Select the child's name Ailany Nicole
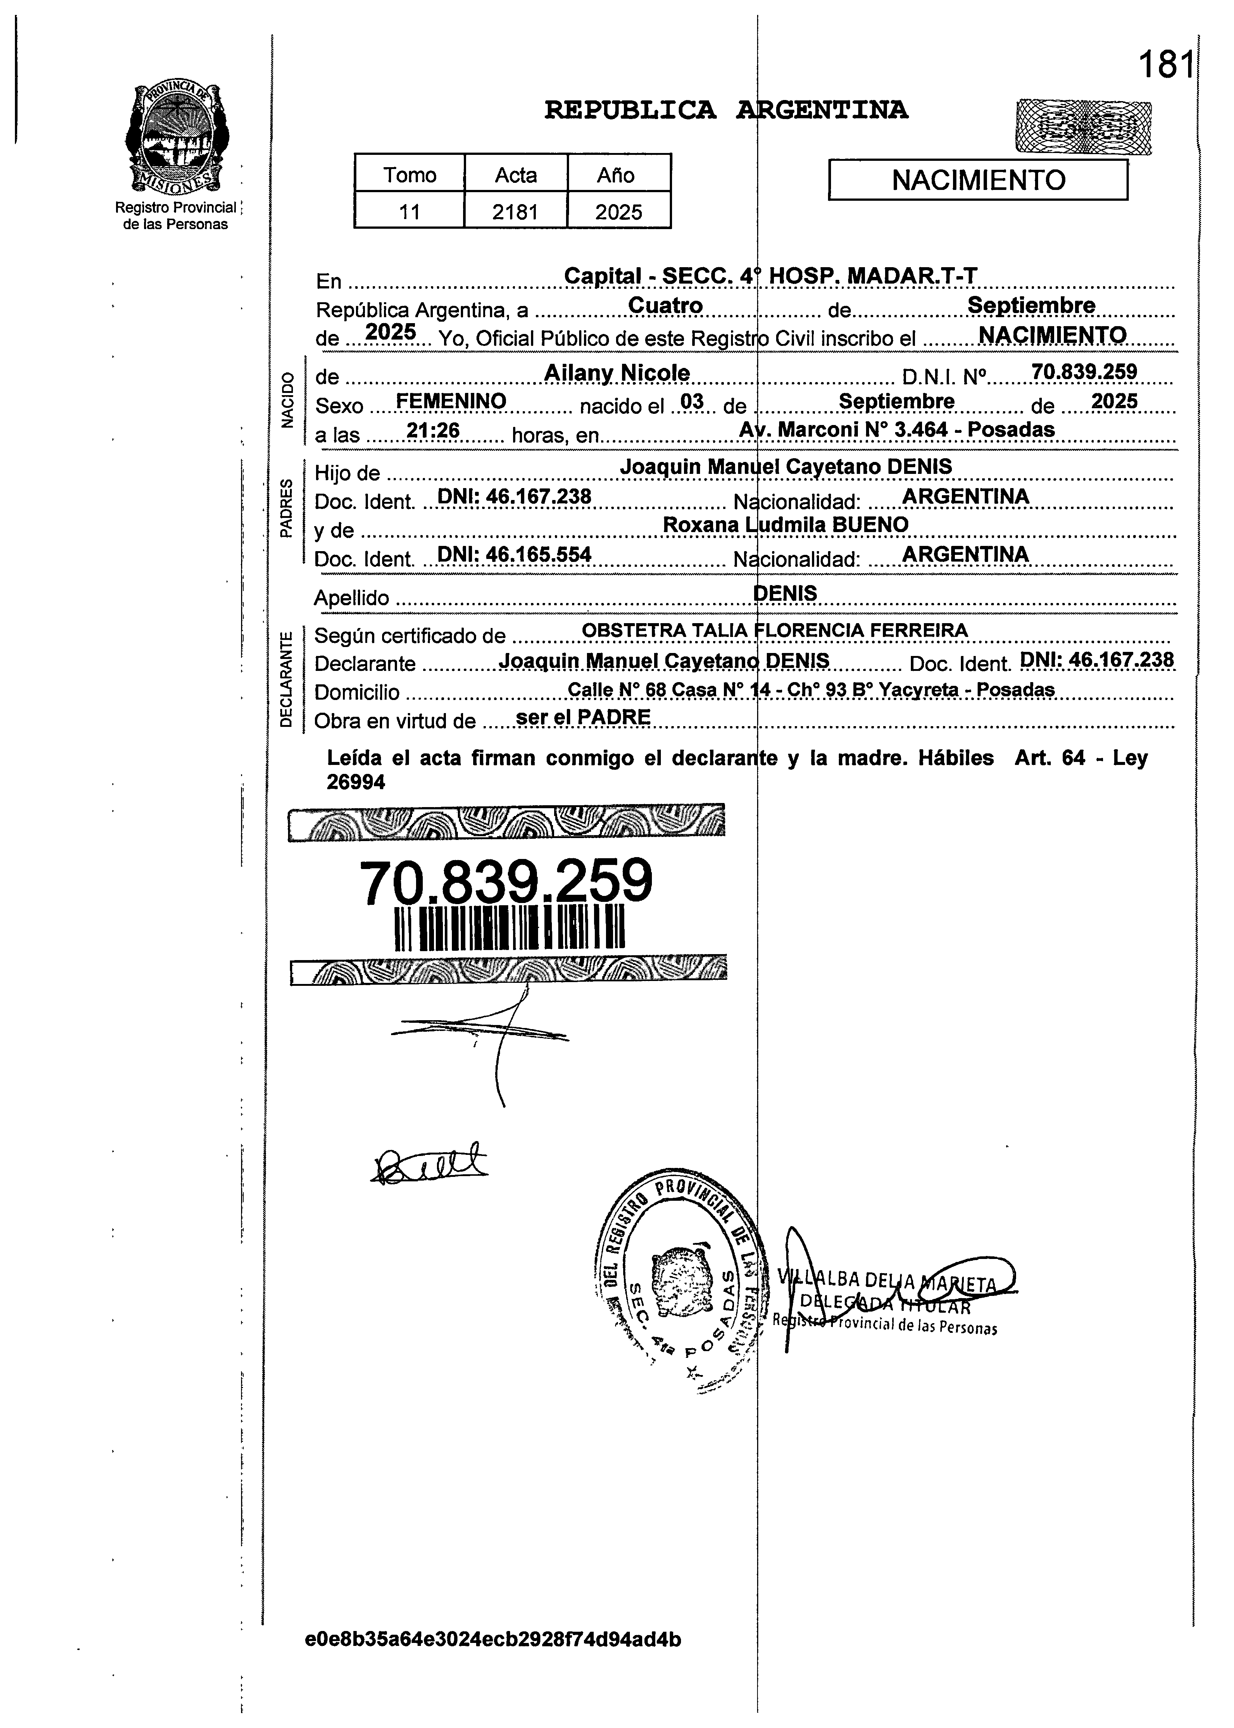[x=617, y=373]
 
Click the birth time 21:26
[x=433, y=431]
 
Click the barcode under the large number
[x=510, y=927]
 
